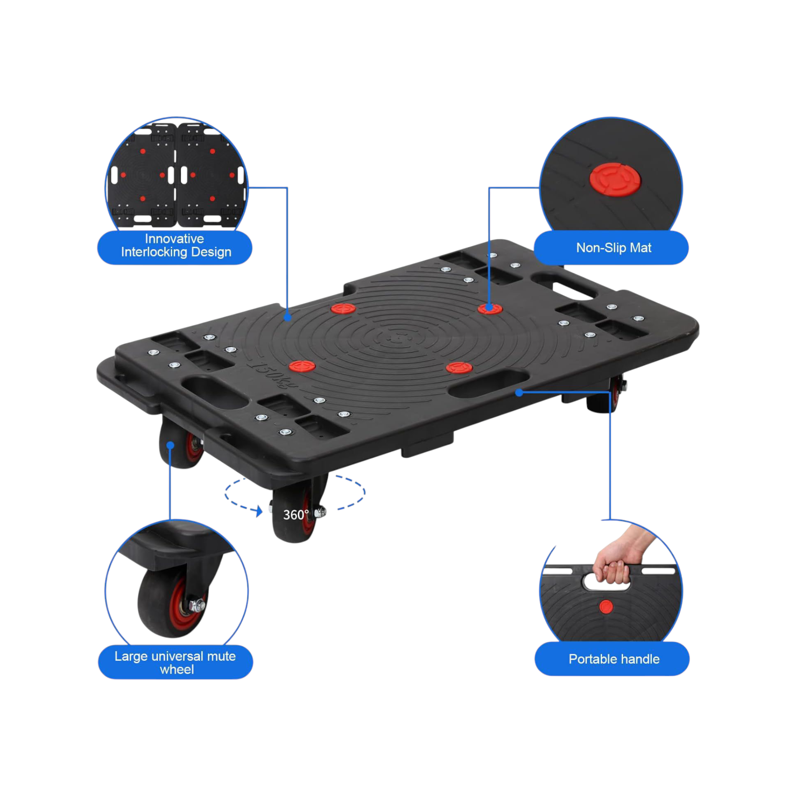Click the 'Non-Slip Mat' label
point(613,248)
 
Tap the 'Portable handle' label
point(614,659)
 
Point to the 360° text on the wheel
point(295,515)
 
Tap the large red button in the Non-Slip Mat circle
point(615,180)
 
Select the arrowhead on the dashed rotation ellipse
point(259,511)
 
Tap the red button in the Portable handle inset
point(606,606)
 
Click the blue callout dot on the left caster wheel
point(170,445)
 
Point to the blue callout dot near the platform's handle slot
point(519,393)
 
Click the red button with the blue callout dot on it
point(489,309)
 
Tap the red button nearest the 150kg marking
point(302,365)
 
